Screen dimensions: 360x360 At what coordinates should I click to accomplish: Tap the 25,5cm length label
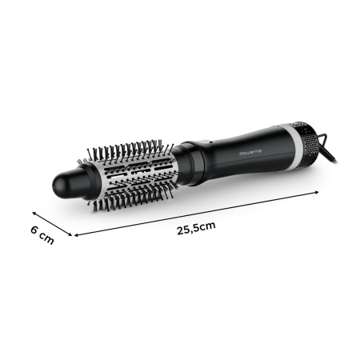pos(195,226)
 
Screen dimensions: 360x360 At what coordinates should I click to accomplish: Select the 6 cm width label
pos(42,234)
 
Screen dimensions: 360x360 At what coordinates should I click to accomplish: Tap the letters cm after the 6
pos(47,238)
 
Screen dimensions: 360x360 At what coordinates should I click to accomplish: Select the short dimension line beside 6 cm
pos(53,223)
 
